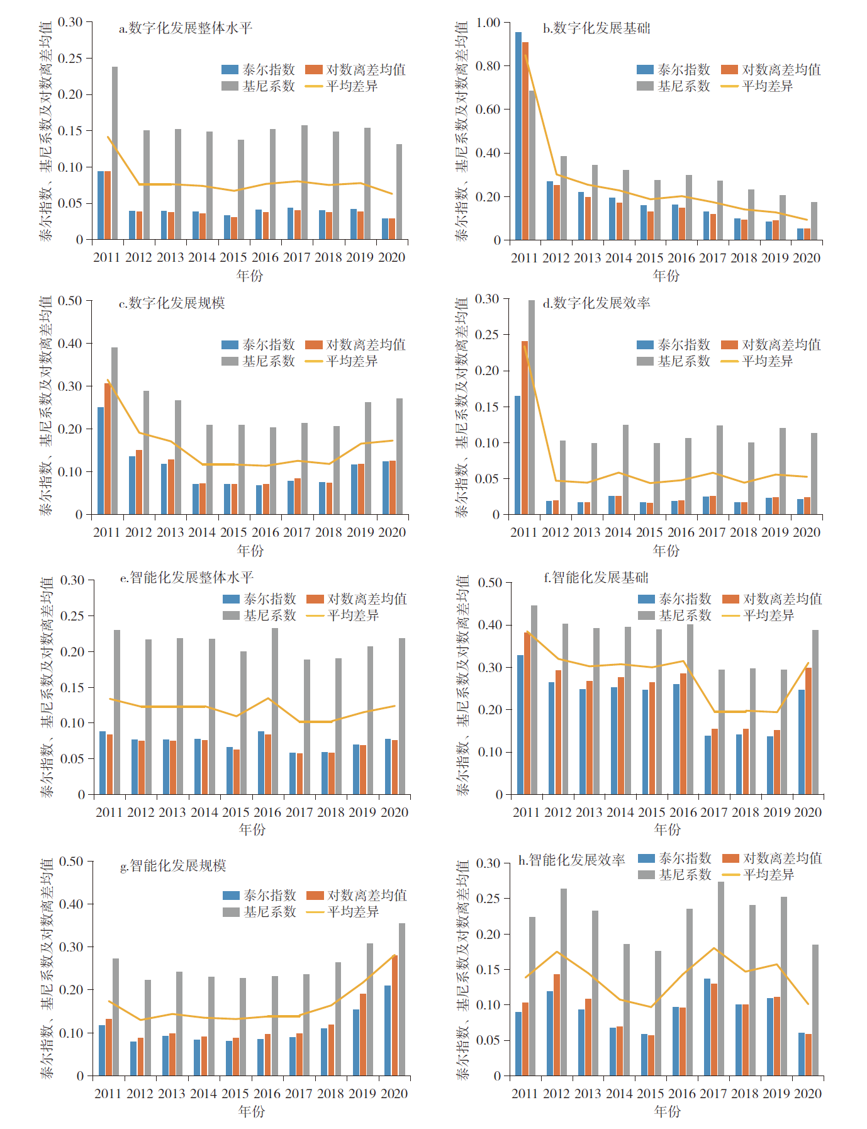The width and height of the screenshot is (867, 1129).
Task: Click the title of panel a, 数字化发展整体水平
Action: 186,28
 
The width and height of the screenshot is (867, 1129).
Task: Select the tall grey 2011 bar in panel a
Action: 115,153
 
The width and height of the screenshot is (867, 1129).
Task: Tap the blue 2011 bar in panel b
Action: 518,136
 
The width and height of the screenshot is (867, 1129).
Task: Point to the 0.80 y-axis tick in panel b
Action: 488,66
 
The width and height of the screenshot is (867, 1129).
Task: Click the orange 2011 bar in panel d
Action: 525,428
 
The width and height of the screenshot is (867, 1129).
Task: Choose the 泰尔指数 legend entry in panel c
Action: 259,345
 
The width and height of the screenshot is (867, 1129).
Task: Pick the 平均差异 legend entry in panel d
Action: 757,361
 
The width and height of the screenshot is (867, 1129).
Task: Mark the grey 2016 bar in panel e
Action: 275,711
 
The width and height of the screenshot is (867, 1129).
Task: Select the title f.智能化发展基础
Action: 596,578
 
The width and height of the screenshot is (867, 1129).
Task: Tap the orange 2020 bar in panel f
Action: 808,731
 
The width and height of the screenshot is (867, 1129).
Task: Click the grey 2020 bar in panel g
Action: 402,999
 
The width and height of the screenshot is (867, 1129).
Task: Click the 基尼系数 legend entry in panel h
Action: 674,875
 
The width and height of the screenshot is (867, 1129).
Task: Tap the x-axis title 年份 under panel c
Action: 250,551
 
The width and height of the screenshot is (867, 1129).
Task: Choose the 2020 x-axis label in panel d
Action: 807,532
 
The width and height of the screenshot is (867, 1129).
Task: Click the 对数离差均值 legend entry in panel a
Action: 355,70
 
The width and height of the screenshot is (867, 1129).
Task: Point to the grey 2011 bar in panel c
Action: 115,431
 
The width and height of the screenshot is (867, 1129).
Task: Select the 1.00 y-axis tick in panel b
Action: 488,23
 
